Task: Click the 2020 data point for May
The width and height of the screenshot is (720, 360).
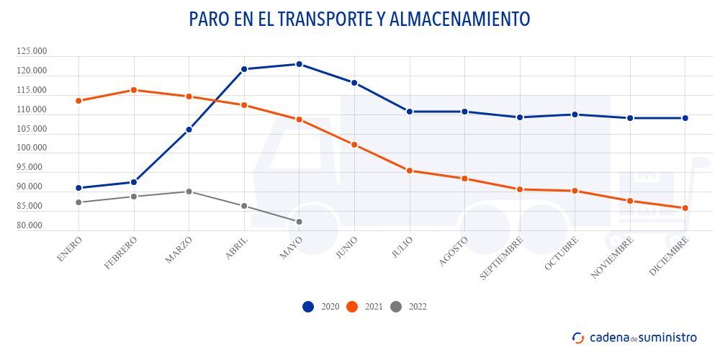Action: pos(299,64)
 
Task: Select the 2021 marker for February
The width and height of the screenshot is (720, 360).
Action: pos(133,90)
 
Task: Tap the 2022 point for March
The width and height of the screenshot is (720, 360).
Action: pos(189,192)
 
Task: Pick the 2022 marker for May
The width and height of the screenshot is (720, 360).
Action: pos(299,222)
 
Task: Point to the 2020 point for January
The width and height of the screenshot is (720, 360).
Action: pos(78,188)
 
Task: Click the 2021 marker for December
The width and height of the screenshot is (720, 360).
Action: pos(685,208)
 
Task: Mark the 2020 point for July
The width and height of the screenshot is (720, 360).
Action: pos(409,112)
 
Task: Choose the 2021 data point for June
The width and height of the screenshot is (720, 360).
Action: pos(354,145)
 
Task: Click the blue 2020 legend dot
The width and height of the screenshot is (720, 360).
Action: pos(308,307)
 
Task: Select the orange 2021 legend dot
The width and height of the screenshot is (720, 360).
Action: pos(352,307)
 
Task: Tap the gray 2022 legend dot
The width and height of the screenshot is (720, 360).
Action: pos(395,307)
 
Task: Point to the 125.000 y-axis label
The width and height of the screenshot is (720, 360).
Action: pos(32,52)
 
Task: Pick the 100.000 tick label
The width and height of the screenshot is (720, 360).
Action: pos(32,148)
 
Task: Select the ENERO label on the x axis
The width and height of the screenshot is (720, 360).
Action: pos(68,248)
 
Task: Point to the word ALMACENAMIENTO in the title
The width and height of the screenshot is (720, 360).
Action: pos(459,19)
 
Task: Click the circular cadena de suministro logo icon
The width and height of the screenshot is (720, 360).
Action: pos(578,338)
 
